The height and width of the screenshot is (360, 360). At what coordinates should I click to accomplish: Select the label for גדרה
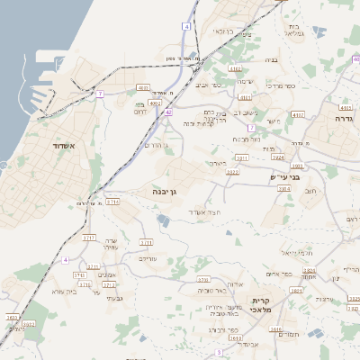click(344, 118)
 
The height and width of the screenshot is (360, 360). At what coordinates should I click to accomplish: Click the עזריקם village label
click(148, 257)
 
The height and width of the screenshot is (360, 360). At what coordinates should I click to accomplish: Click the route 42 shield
click(168, 112)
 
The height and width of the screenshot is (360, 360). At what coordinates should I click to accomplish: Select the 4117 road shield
click(299, 115)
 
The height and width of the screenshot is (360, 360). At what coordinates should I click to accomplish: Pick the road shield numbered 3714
click(112, 202)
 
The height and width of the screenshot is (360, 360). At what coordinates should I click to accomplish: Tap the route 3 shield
click(220, 353)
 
